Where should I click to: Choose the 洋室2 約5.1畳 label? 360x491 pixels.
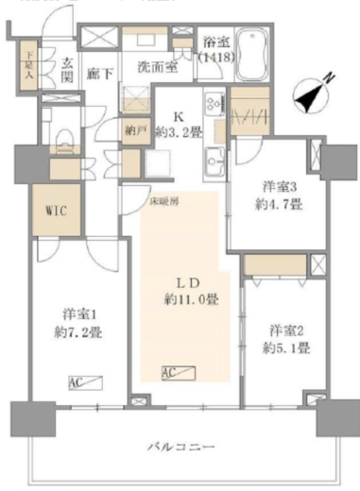pyautogui.click(x=287, y=338)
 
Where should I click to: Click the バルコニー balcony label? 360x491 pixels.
pyautogui.click(x=181, y=446)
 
